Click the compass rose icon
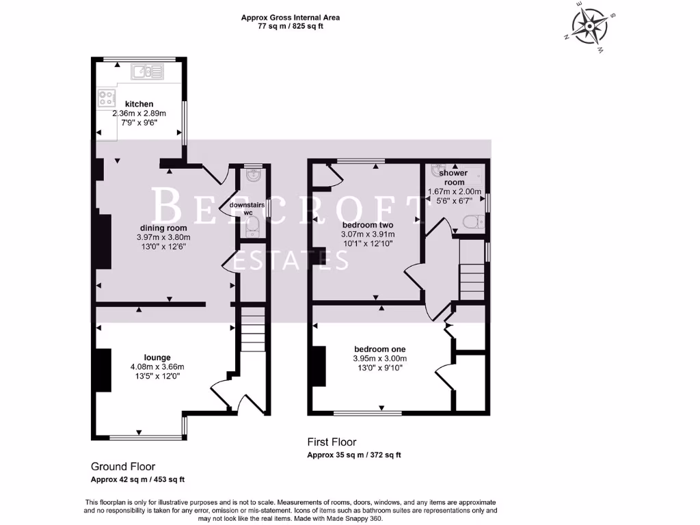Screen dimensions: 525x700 click(x=589, y=27)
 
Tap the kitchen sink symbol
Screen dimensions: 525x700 click(x=148, y=70)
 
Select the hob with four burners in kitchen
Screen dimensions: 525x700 click(x=106, y=97)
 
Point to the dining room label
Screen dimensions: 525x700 click(x=163, y=228)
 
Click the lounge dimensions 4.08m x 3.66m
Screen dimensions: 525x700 click(x=157, y=367)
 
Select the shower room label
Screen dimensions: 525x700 click(x=454, y=178)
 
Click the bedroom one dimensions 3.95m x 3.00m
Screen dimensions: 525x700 click(x=379, y=359)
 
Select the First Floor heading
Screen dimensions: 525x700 click(x=332, y=442)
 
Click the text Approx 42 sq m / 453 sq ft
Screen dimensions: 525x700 click(x=138, y=479)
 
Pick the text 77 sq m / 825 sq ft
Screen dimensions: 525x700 click(x=290, y=27)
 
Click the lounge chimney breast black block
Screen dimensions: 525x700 click(x=102, y=370)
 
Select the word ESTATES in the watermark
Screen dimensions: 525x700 click(x=291, y=260)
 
